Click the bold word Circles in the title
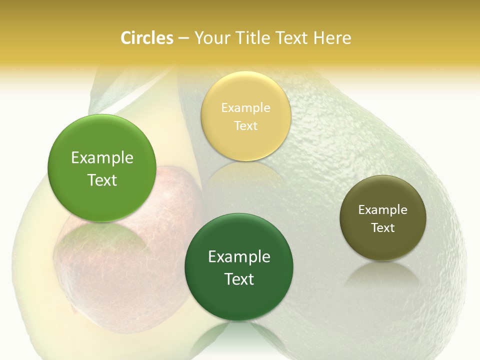(146, 38)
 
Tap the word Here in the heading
(332, 38)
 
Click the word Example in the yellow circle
(246, 108)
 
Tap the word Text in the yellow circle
(246, 126)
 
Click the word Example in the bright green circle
(102, 158)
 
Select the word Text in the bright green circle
(102, 180)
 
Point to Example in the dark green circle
(239, 257)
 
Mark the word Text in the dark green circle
(239, 279)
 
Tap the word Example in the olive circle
(383, 210)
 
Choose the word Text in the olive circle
(383, 228)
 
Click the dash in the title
(183, 38)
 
